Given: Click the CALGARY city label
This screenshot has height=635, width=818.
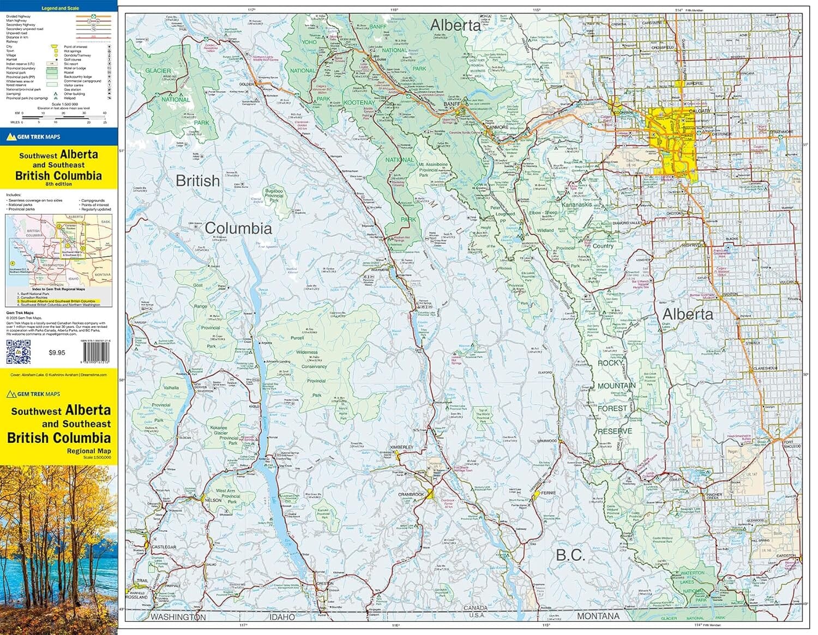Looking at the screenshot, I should pyautogui.click(x=699, y=111).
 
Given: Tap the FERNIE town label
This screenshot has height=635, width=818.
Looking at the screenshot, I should pyautogui.click(x=548, y=493).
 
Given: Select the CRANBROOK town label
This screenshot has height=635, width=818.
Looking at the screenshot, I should pyautogui.click(x=411, y=494).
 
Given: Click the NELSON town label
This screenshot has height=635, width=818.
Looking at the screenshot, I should pyautogui.click(x=213, y=500).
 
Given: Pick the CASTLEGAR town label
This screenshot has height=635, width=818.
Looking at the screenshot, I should pyautogui.click(x=164, y=547).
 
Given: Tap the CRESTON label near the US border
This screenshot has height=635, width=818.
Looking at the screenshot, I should pyautogui.click(x=325, y=583).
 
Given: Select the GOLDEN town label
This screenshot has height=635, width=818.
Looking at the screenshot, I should pyautogui.click(x=246, y=85).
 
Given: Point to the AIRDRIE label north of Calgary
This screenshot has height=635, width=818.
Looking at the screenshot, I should pyautogui.click(x=694, y=83).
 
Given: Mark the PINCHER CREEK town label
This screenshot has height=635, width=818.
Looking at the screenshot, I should pyautogui.click(x=714, y=496).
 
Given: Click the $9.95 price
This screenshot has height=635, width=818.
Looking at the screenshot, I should pyautogui.click(x=57, y=352).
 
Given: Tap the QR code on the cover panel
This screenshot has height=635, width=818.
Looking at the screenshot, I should pyautogui.click(x=19, y=351).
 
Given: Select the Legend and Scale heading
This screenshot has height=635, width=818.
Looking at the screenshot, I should pyautogui.click(x=61, y=8).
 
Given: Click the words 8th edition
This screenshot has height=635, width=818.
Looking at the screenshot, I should pyautogui.click(x=58, y=184).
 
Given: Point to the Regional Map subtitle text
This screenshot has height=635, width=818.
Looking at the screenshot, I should pyautogui.click(x=88, y=451).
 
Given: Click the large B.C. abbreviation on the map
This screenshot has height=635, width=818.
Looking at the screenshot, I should pyautogui.click(x=570, y=555).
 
